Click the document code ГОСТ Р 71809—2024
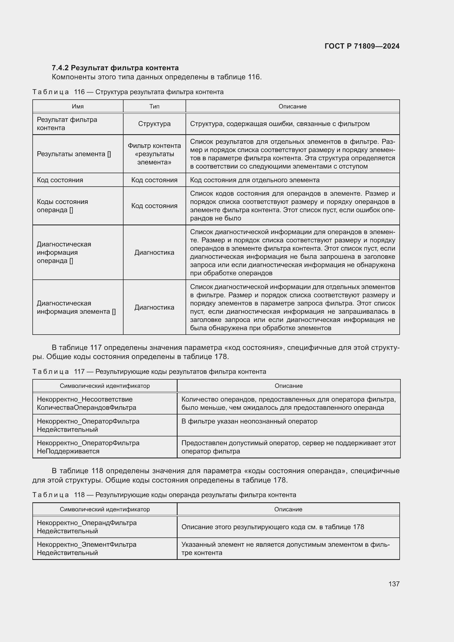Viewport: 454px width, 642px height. [x=362, y=46]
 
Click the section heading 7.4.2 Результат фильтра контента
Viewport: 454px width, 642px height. [x=115, y=68]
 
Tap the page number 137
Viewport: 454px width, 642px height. [x=394, y=584]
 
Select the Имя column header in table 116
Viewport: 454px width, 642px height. [x=78, y=106]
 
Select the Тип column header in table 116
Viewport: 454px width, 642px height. [x=154, y=106]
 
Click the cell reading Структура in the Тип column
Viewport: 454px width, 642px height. [x=154, y=124]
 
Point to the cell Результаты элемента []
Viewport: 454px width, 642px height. [x=74, y=154]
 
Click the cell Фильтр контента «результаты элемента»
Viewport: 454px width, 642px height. [x=154, y=154]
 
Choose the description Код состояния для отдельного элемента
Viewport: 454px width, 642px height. [x=254, y=180]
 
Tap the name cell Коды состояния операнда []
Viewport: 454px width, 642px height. [x=62, y=206]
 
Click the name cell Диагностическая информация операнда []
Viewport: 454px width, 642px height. [x=64, y=253]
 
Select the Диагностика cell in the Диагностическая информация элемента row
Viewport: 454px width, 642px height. [x=154, y=307]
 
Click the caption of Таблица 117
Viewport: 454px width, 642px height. [x=149, y=372]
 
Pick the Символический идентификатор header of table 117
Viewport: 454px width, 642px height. [x=105, y=386]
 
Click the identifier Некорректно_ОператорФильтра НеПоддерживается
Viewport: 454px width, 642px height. [x=88, y=447]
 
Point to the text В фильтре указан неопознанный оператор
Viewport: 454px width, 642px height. [x=249, y=421]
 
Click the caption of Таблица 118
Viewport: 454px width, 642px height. [x=164, y=495]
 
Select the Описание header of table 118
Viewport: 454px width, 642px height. [x=288, y=509]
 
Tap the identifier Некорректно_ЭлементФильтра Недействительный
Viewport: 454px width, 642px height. [x=87, y=548]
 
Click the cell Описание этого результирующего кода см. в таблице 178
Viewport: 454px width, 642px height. [x=273, y=527]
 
